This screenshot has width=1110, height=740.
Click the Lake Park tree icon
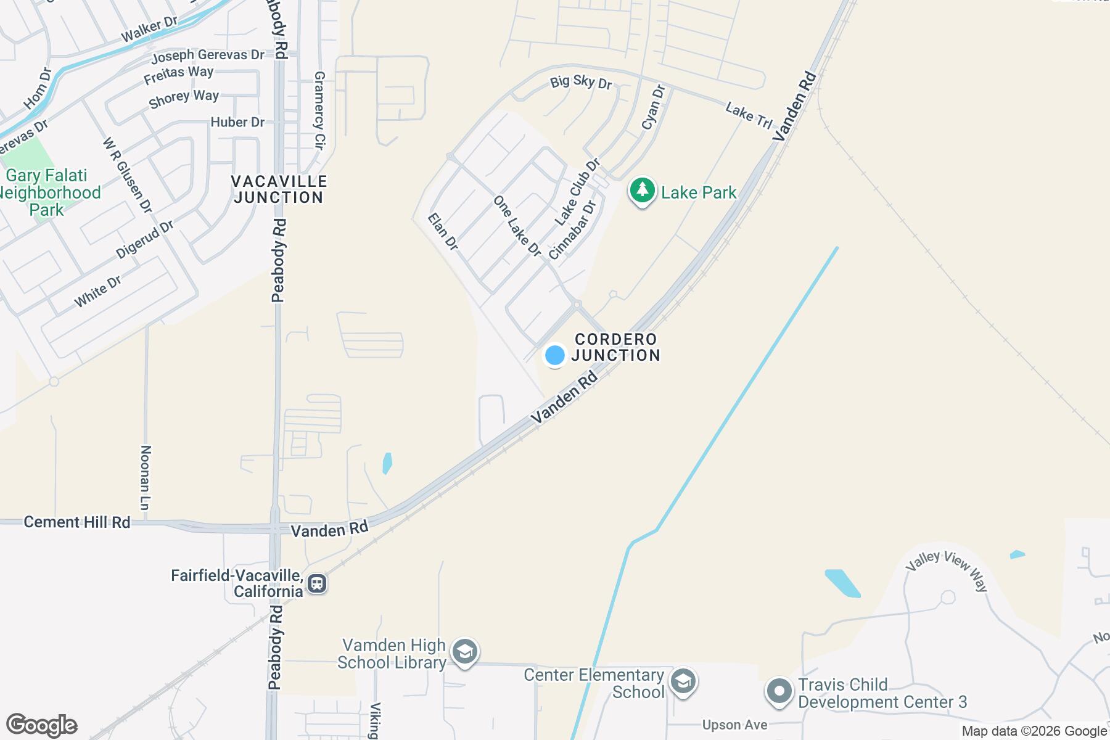(642, 191)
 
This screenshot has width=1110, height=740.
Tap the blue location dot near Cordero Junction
(554, 355)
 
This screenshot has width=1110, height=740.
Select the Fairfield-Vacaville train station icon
(318, 583)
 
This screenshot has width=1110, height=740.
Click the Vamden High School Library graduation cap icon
(464, 652)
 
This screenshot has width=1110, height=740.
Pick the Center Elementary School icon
(683, 682)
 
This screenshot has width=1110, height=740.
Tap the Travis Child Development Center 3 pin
(779, 691)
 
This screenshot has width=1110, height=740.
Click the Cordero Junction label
(616, 347)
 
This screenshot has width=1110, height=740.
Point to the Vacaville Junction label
(279, 189)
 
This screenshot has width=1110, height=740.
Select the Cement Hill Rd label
(77, 522)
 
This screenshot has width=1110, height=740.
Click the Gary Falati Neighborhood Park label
(48, 192)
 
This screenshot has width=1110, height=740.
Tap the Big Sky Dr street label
(581, 82)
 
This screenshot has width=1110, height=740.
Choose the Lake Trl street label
(749, 115)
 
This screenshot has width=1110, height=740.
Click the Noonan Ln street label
(146, 477)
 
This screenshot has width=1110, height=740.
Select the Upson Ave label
(734, 725)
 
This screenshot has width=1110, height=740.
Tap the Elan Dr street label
(443, 231)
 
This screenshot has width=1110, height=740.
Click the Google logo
(41, 725)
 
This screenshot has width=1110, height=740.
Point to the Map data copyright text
(1034, 731)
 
